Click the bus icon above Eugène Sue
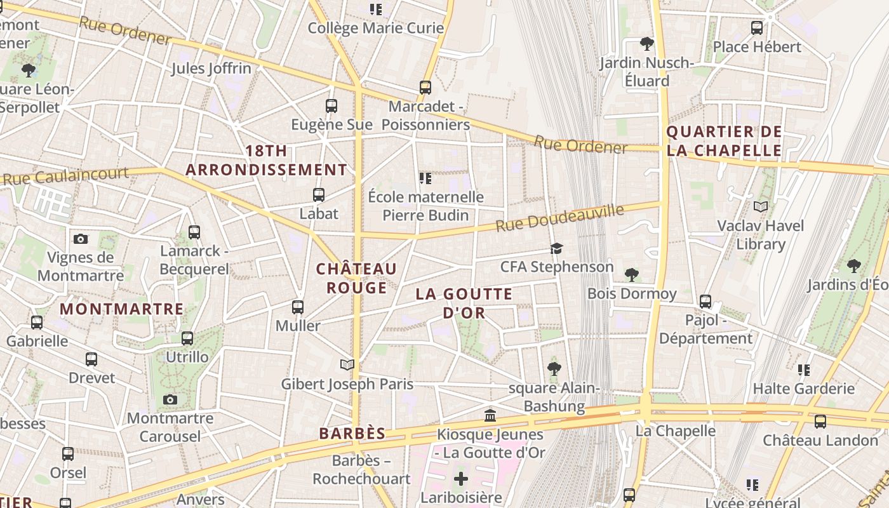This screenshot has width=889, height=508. [331, 106]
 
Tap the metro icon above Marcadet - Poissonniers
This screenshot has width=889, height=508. [425, 88]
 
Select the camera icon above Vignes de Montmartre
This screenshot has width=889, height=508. [80, 239]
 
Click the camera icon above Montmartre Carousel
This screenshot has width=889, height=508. [170, 399]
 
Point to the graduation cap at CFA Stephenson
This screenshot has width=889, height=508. [557, 248]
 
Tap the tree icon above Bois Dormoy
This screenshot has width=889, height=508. [631, 275]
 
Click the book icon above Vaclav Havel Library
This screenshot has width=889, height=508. [760, 206]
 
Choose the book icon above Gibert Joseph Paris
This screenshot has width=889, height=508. [347, 364]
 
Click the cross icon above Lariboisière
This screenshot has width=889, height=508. [461, 479]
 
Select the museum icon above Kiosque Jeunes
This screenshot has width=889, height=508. [490, 416]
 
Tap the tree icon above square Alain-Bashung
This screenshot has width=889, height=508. [554, 368]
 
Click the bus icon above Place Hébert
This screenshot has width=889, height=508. [756, 28]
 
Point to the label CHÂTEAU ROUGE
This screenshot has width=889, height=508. [356, 278]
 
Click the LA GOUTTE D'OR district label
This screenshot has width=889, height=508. [464, 303]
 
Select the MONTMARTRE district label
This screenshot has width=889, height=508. [121, 309]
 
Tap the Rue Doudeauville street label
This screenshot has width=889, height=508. [559, 218]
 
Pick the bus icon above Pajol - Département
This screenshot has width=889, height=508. [705, 302]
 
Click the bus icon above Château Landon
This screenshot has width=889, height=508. [820, 421]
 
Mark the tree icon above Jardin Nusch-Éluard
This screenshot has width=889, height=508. [647, 44]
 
